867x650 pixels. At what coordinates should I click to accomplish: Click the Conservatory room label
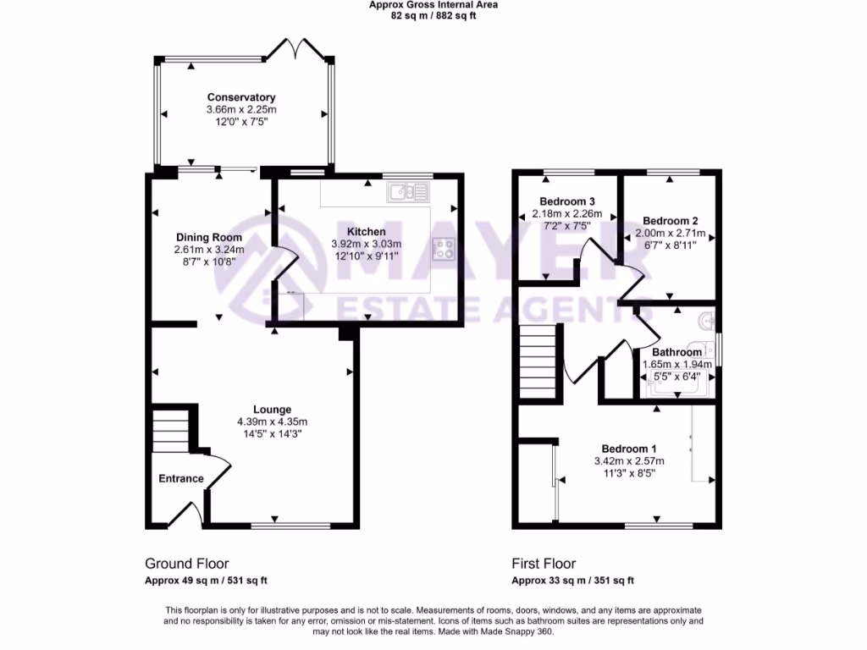click(241, 97)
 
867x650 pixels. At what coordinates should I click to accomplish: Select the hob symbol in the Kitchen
click(444, 249)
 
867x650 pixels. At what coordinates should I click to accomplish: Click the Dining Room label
click(208, 237)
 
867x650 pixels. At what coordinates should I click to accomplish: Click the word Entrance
click(181, 478)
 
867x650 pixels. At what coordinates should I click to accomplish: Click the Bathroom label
click(676, 352)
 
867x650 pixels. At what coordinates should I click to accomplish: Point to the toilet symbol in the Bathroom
click(708, 321)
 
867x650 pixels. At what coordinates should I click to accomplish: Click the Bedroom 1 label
click(629, 448)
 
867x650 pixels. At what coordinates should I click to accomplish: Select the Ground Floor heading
click(186, 564)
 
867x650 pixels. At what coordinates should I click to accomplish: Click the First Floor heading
click(544, 564)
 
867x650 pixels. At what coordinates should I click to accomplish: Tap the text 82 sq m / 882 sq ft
click(433, 15)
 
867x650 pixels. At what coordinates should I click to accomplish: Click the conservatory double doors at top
click(294, 49)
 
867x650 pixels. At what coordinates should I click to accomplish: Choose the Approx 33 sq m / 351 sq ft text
click(572, 581)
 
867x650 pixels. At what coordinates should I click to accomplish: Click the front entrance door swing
click(187, 513)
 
